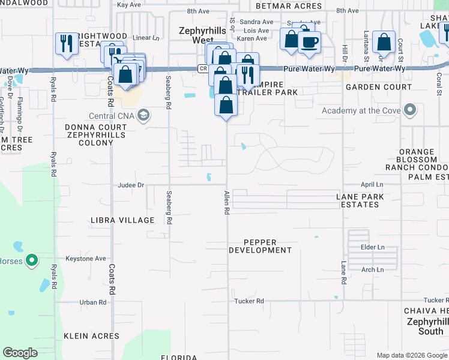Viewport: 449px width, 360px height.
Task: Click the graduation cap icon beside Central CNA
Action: pos(143,115)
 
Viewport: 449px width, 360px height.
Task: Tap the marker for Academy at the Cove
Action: pos(411,110)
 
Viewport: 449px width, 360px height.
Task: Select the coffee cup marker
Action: pos(309,43)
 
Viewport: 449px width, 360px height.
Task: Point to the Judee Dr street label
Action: pos(132,185)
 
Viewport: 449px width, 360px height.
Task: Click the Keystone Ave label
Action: pos(86,259)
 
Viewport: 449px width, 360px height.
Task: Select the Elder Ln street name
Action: pos(372,247)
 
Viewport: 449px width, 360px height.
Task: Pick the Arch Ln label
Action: pos(372,270)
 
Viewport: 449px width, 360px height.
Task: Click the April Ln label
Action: pos(372,185)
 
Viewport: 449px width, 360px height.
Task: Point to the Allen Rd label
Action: pos(227,203)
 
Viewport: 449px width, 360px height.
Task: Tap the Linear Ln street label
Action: pos(146,37)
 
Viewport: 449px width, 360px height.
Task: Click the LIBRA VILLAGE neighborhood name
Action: pos(122,220)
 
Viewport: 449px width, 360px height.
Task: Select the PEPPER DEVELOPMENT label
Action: pos(260,245)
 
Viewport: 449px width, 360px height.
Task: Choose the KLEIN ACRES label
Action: pos(92,336)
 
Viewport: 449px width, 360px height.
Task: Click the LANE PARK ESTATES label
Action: pos(358,200)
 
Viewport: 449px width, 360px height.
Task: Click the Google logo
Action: pos(20,353)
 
